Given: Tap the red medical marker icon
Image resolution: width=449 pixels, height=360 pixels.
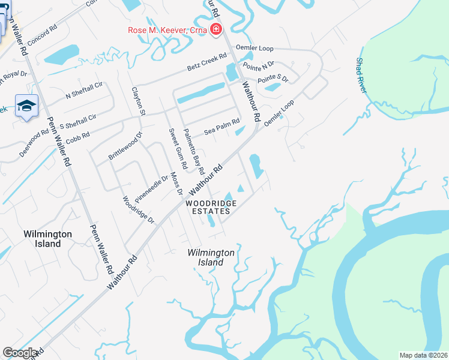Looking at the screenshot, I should point(215,30).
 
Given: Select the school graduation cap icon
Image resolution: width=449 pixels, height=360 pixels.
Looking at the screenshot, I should point(26,106).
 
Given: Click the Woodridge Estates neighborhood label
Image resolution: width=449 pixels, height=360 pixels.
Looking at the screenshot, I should point(208,207).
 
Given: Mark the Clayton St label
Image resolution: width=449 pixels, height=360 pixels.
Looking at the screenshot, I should point(139,101).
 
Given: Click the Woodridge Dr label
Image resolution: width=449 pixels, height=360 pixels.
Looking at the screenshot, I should point(138,210).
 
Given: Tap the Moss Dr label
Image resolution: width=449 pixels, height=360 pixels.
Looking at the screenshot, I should point(175,183).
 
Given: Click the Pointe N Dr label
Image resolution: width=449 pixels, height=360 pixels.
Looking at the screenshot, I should point(258,65).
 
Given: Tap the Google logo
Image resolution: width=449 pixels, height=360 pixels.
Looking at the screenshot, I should point(20,353).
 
